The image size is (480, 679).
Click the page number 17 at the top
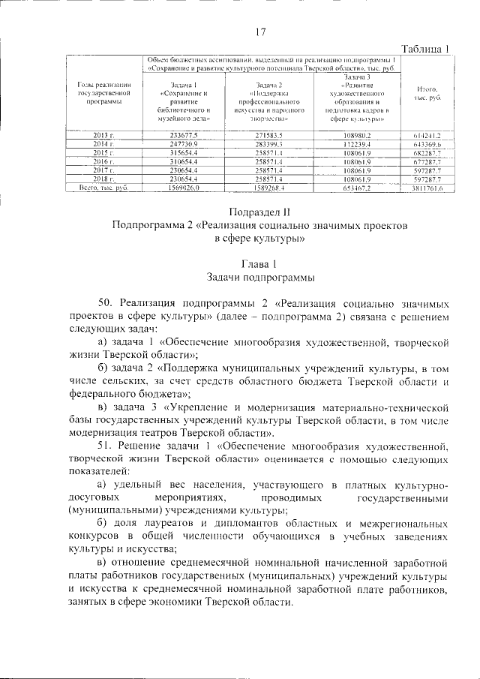[x=261, y=32]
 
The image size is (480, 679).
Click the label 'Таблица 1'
[x=421, y=49]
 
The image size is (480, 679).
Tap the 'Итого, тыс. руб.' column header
[x=427, y=94]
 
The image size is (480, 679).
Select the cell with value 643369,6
[x=427, y=143]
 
